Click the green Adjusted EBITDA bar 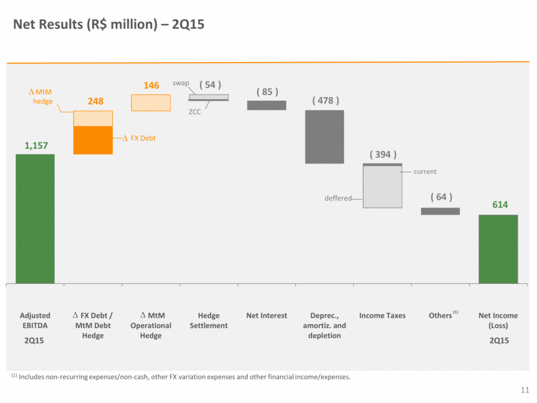(35, 218)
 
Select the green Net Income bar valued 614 (498, 248)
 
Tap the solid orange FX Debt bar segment (93, 140)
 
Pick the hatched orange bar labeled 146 (151, 103)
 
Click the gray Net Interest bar (267, 105)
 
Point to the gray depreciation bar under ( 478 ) (324, 136)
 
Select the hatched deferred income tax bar (382, 188)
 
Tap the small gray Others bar (440, 211)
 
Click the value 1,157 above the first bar (36, 146)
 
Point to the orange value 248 (93, 102)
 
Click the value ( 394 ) (383, 155)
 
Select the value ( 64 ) (441, 197)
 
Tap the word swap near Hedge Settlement (181, 83)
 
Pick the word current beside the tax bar (425, 171)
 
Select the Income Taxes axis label (382, 315)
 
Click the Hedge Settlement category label (208, 320)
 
